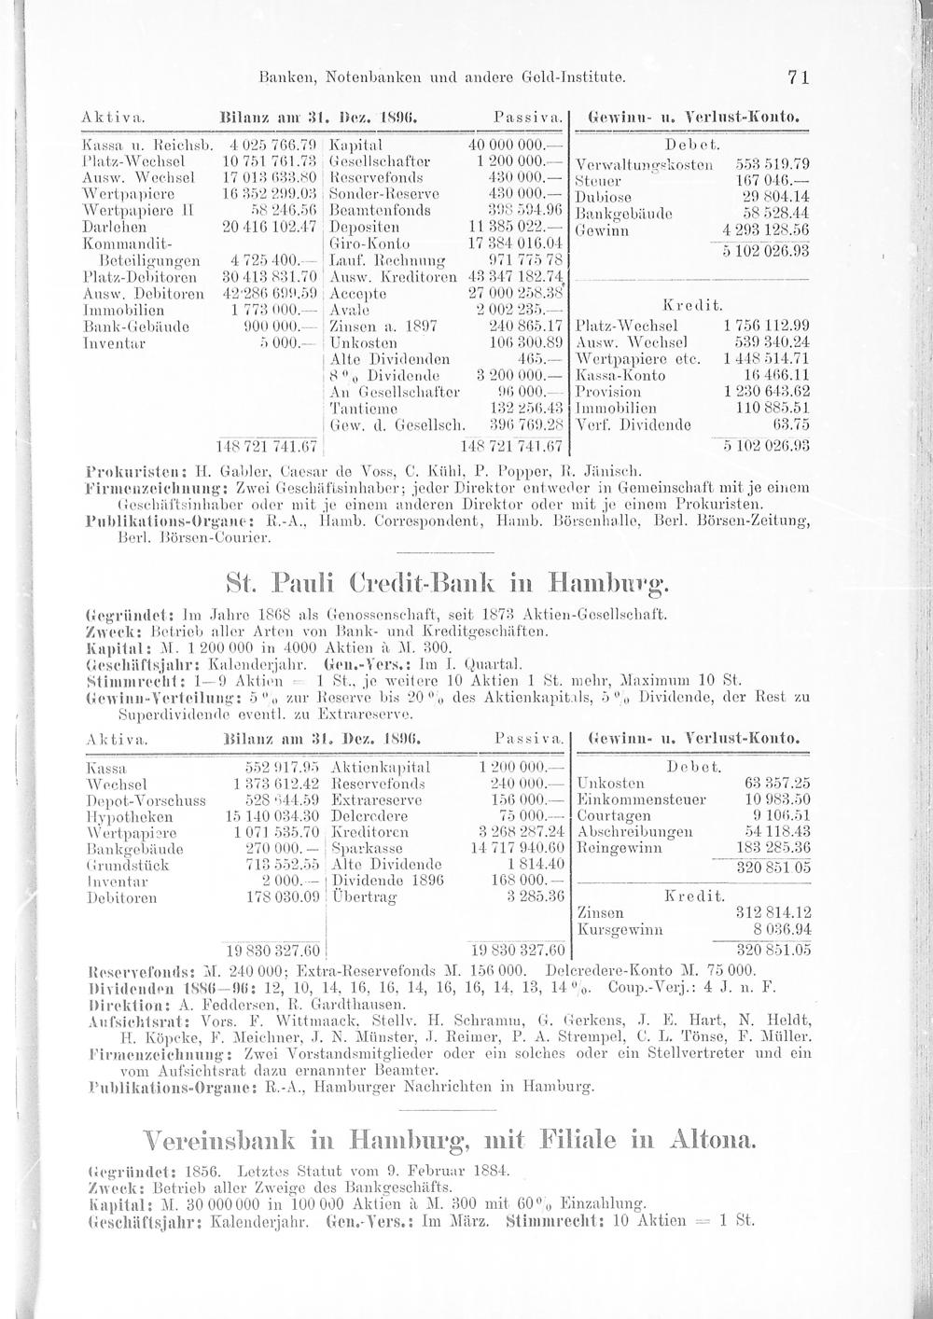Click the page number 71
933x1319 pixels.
(797, 80)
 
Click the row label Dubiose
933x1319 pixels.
(605, 197)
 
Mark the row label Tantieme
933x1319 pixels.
(361, 408)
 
